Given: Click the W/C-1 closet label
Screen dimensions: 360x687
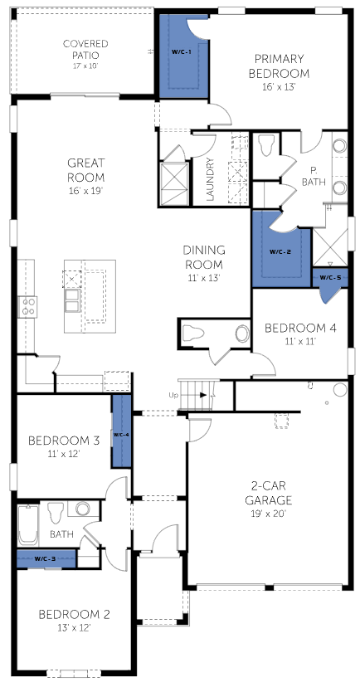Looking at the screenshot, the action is coord(181,51).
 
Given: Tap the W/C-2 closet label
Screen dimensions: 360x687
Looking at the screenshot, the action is coord(279,252).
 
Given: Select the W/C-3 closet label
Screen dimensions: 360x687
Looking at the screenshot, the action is coord(45,558).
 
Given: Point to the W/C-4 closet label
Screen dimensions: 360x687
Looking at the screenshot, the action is coord(121,435).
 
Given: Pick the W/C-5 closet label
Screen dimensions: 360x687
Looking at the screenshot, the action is coord(330,277).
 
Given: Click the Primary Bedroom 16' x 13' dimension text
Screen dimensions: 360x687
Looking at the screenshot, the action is coord(279,87).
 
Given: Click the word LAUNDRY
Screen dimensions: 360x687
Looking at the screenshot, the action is coord(210,179).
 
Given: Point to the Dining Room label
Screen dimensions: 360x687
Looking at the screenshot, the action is coord(204,257).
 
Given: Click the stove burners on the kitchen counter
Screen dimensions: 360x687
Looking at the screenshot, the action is coord(27,307).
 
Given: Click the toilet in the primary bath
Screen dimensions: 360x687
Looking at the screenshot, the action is coord(267,145).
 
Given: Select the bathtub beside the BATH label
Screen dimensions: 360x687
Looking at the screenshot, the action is coord(27,525).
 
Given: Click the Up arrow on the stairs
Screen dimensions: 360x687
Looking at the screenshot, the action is coord(202,395).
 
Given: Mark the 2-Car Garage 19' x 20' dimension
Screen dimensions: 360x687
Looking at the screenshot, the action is coord(268,514).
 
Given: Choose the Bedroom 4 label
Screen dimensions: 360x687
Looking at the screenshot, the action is coord(300,328).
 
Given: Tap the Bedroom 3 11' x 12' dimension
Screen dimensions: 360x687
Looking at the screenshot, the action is coord(64,454).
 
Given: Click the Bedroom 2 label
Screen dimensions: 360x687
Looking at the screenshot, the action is coord(74,614).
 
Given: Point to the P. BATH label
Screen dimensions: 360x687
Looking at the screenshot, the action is coord(314,176).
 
